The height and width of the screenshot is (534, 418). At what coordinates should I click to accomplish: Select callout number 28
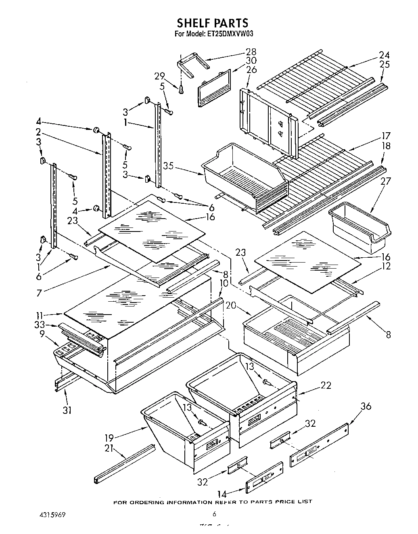coord(251,52)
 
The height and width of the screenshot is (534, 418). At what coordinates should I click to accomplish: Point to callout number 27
coord(385,181)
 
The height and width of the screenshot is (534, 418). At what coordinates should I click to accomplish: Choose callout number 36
coord(366,406)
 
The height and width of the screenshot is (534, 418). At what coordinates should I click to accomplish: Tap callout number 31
coord(67,410)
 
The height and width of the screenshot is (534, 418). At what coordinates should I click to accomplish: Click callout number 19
coord(109,437)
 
